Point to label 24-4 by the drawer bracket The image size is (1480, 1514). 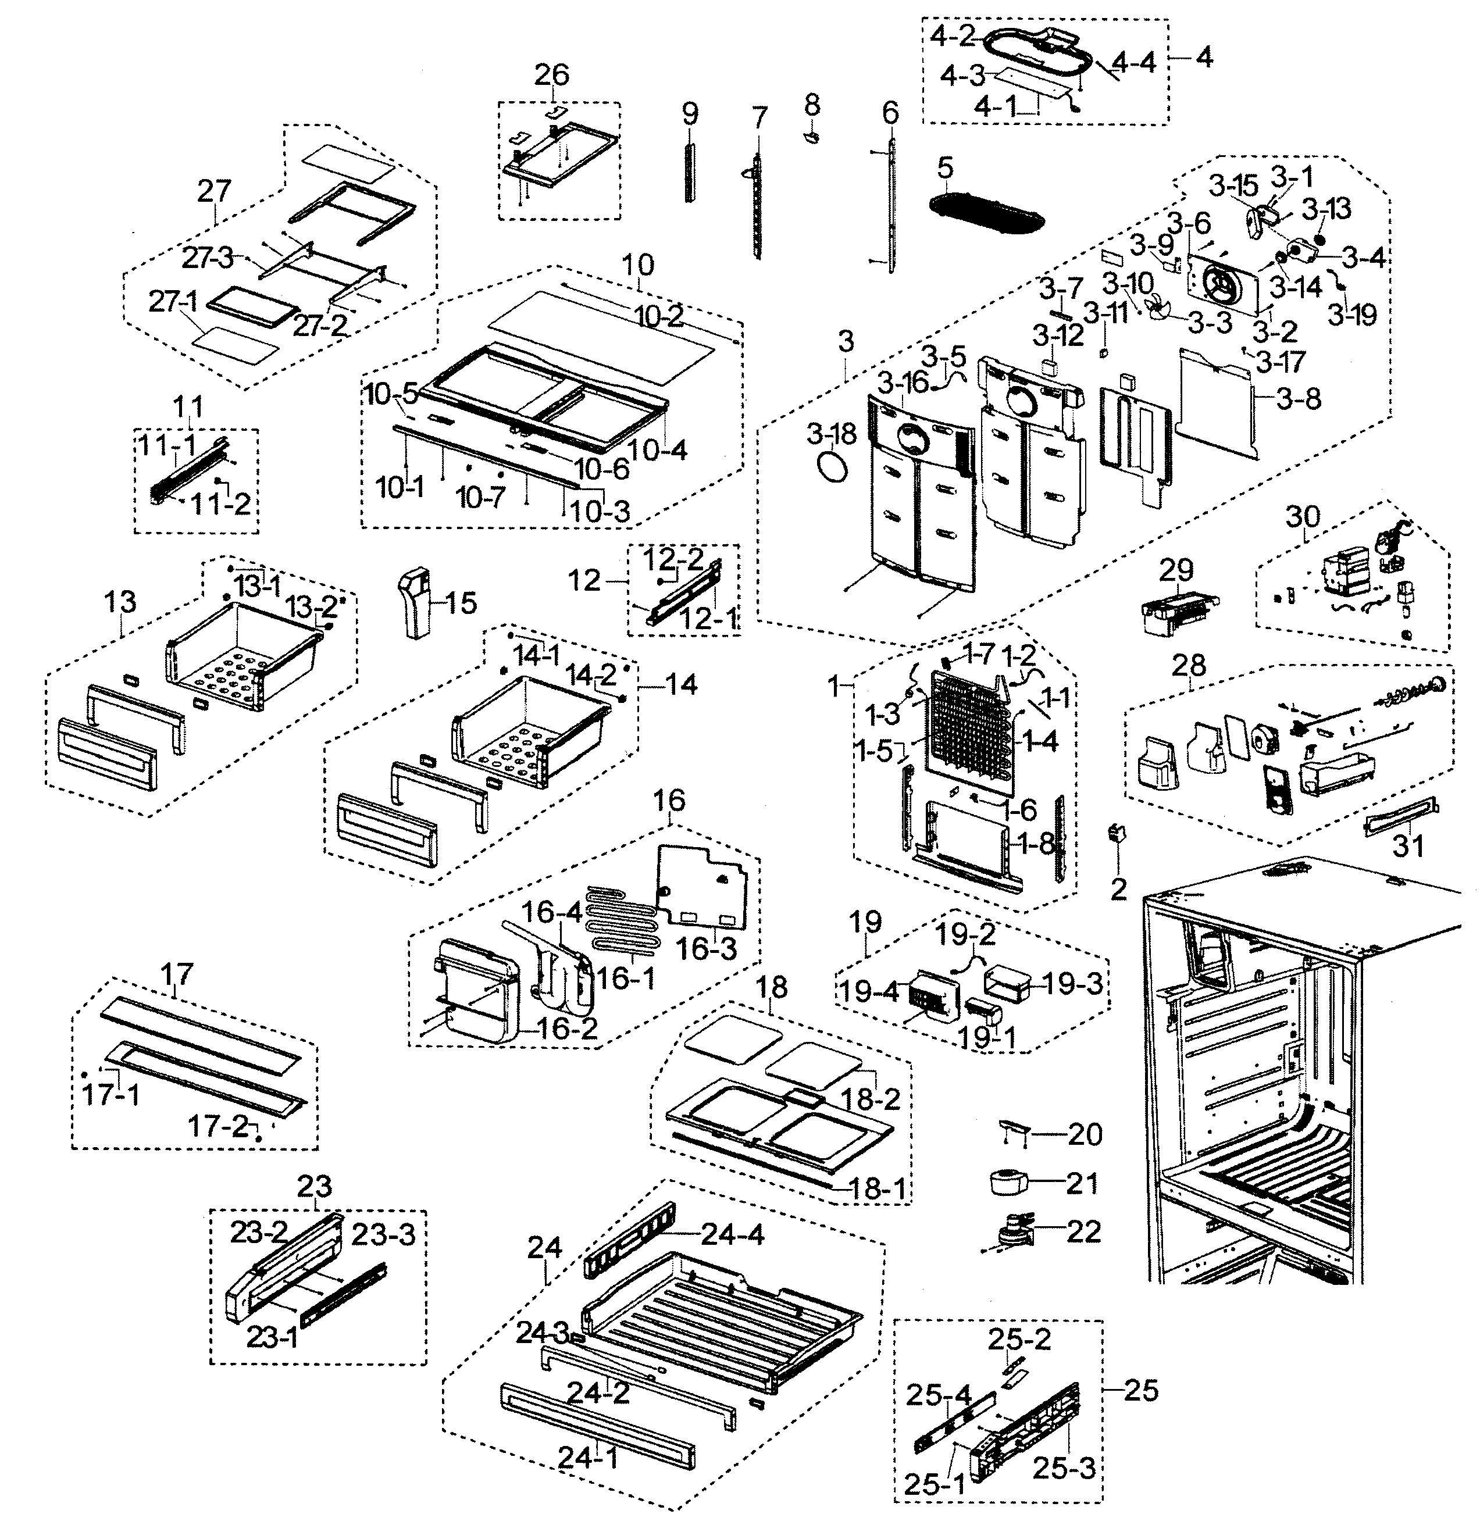click(732, 1233)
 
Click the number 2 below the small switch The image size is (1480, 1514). click(1118, 888)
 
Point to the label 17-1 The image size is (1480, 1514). click(111, 1094)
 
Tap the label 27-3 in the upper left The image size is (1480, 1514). click(207, 257)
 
